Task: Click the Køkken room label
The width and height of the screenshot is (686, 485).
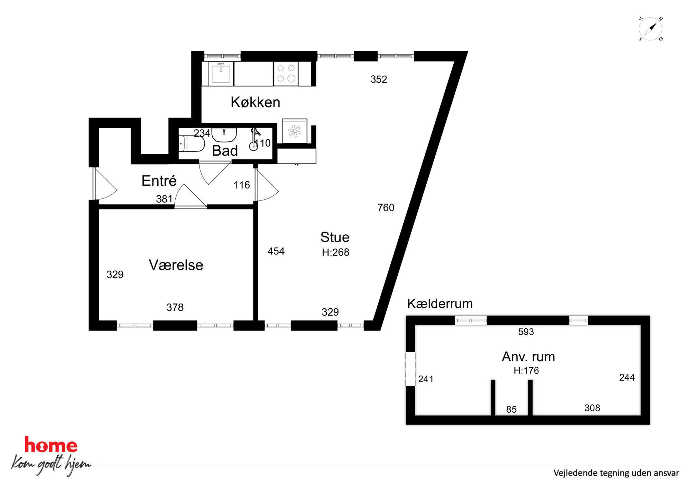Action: click(255, 102)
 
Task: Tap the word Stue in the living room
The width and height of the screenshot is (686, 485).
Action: click(335, 237)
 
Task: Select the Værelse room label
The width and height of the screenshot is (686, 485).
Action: click(176, 265)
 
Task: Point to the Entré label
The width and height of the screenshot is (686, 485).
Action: click(159, 180)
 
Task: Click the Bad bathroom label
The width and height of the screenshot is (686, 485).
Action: click(225, 151)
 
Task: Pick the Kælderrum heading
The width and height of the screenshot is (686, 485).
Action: click(440, 304)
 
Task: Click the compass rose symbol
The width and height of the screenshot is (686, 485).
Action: click(650, 29)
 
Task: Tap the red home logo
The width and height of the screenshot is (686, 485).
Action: click(51, 445)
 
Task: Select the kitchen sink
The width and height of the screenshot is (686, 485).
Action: click(221, 73)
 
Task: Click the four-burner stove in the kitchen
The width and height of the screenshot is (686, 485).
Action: click(286, 74)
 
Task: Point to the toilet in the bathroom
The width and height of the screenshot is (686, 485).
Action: click(191, 144)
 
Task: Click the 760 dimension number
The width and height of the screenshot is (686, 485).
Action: click(386, 207)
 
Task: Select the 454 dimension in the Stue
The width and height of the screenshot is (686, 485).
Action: click(276, 251)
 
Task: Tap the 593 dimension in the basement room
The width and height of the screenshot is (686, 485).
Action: click(526, 332)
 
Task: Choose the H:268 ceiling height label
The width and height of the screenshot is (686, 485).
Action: click(335, 252)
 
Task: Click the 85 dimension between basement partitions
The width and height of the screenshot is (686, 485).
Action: click(511, 409)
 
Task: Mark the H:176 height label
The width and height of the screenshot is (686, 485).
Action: click(526, 371)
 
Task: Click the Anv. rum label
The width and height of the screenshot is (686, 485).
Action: click(528, 357)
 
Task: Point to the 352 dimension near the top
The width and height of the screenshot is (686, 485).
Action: click(379, 79)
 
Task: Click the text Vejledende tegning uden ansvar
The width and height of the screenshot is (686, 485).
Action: click(616, 473)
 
